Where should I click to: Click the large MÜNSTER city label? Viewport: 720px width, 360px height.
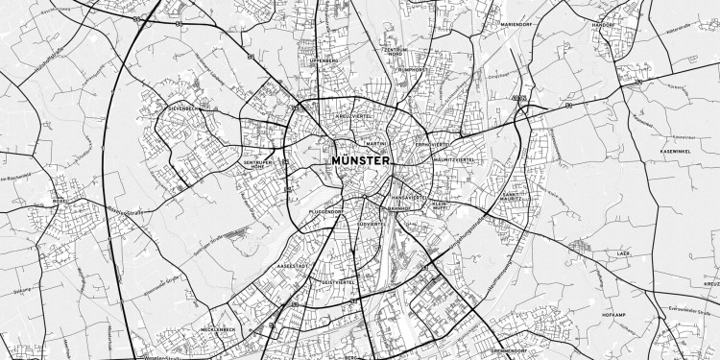coord(360,160)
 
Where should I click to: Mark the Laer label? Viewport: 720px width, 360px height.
coord(624,254)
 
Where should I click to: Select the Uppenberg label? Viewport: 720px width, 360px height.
coord(324,60)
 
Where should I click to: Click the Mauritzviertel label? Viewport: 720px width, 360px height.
coord(454,158)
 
